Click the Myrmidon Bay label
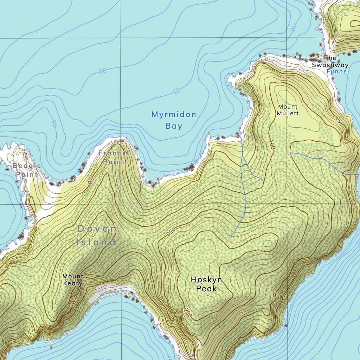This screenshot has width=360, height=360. point(174,120)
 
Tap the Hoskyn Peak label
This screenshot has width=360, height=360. point(206,284)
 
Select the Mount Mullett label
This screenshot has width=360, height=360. point(288,110)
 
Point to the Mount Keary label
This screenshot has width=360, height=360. point(73,280)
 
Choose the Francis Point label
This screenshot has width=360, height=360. point(114,157)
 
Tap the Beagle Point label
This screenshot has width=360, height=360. point(27,170)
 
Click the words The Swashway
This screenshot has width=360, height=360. point(330,62)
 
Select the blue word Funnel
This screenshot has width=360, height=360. point(337,71)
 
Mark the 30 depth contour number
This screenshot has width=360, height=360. point(102,71)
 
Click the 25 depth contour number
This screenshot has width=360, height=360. point(175,92)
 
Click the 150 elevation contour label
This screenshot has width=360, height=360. point(169,233)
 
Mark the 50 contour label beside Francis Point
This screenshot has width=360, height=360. point(90,181)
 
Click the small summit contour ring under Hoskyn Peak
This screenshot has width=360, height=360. point(206,298)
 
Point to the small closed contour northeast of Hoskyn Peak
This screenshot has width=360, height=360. point(267,243)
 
